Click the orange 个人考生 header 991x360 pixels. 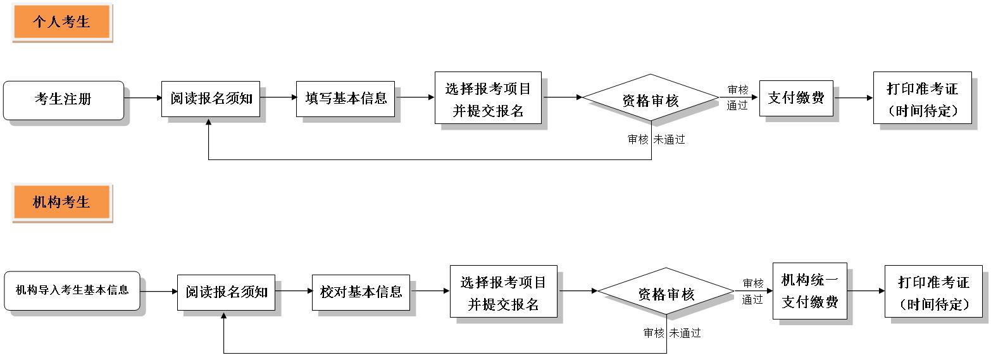tap(61, 22)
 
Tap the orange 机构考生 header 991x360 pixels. tap(61, 202)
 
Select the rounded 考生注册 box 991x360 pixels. tap(63, 100)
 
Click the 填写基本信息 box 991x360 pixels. tap(346, 99)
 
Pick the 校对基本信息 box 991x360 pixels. tap(361, 292)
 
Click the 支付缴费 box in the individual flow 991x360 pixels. tap(796, 98)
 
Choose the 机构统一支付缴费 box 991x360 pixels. tap(809, 291)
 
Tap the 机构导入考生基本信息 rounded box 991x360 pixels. tap(72, 290)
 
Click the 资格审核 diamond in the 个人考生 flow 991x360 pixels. tap(650, 99)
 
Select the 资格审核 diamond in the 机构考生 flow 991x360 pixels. tap(666, 292)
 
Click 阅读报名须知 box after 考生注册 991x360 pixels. tap(211, 99)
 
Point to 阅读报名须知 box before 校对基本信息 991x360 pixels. tap(226, 292)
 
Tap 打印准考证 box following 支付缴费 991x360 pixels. tap(922, 97)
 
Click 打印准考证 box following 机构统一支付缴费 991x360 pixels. tap(933, 291)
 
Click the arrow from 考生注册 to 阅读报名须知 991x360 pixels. tap(143, 98)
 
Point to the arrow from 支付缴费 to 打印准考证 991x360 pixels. tap(854, 98)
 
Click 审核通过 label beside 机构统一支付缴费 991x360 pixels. tap(752, 292)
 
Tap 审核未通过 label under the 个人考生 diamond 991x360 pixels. tap(656, 140)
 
